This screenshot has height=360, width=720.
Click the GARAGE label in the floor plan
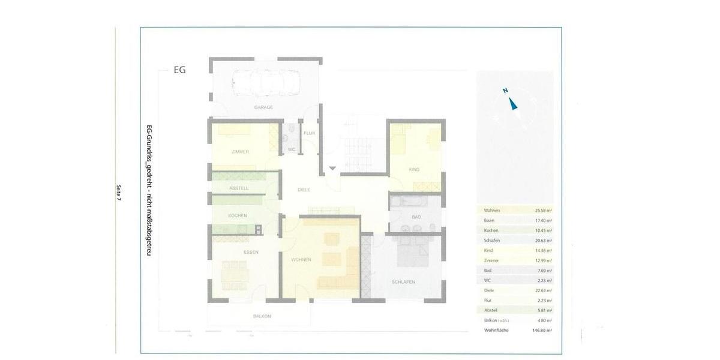click(x=263, y=107)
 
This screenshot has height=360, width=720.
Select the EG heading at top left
click(x=179, y=70)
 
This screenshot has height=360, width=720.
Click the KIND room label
click(x=414, y=170)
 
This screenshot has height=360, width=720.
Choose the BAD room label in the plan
click(x=416, y=216)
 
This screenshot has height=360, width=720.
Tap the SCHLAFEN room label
click(x=403, y=282)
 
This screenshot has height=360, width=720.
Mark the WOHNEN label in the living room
click(x=301, y=260)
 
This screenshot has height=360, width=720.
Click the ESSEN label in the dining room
click(x=251, y=252)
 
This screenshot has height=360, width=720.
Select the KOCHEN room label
click(x=238, y=215)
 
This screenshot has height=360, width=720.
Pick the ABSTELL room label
click(x=239, y=188)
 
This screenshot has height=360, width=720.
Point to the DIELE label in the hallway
click(x=304, y=190)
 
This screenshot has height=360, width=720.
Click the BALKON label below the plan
click(x=262, y=316)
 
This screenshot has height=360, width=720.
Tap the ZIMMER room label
click(x=240, y=152)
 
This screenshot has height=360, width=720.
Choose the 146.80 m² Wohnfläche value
click(x=539, y=331)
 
